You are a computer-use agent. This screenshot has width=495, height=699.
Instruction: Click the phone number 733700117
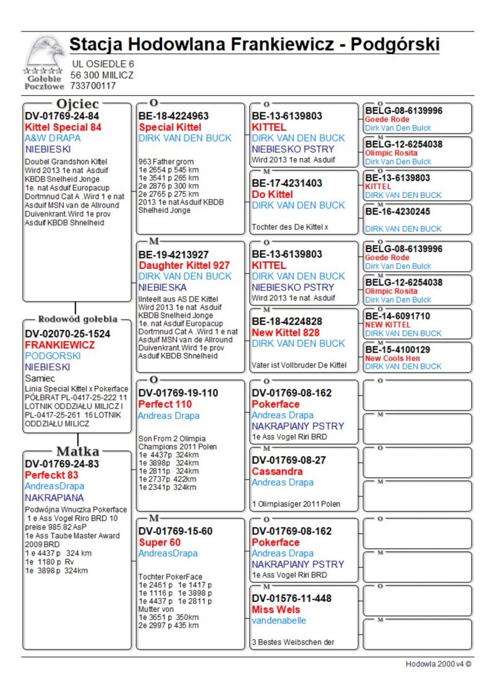click(93, 86)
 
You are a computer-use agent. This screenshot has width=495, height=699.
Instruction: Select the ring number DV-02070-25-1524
click(68, 334)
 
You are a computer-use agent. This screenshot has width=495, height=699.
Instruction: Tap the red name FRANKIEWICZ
click(60, 345)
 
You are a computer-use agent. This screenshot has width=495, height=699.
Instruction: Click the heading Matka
click(77, 451)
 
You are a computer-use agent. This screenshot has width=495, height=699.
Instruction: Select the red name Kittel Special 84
click(63, 127)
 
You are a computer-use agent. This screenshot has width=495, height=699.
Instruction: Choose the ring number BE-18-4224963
click(174, 116)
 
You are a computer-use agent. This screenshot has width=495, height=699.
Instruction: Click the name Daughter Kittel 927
click(184, 265)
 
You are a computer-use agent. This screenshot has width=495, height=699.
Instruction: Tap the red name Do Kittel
click(273, 194)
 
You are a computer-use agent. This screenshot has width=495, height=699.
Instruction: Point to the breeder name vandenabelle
click(279, 621)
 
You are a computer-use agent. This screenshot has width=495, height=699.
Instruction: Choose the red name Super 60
click(160, 542)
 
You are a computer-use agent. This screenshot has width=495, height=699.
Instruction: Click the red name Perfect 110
click(165, 404)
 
